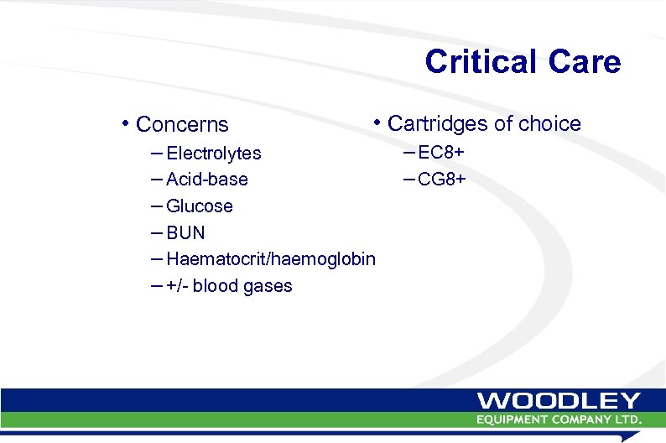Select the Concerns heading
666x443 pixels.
[182, 125]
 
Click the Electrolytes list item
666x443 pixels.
[214, 154]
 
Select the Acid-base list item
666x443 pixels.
[207, 180]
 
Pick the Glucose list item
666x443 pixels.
[200, 206]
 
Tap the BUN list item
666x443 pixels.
[185, 232]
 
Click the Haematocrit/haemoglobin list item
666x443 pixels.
[271, 259]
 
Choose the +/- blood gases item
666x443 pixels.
[229, 286]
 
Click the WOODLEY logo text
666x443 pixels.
[559, 401]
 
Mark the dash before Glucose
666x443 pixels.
[158, 206]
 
